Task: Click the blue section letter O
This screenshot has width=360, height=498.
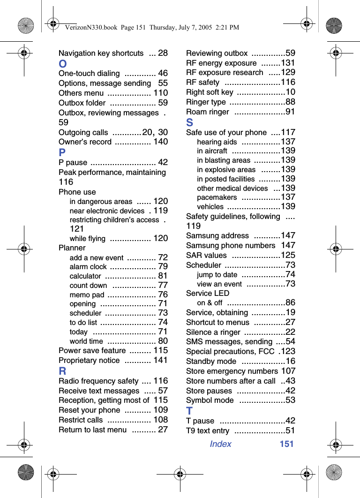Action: tap(63, 64)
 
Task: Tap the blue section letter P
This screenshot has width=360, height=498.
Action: tap(62, 153)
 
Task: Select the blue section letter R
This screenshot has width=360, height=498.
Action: tap(62, 371)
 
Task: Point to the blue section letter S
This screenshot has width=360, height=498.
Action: tap(190, 123)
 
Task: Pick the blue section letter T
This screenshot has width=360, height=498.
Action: tap(189, 411)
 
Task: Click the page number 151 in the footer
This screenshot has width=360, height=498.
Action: tap(286, 444)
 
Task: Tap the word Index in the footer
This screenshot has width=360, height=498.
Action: tap(220, 444)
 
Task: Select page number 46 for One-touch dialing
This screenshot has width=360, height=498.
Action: tap(163, 73)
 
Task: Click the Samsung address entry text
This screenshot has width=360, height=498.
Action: tap(217, 235)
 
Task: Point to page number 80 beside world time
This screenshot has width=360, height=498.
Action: tap(163, 341)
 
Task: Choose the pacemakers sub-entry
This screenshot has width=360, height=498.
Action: tap(217, 197)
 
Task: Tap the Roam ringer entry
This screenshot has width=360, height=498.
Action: tap(208, 112)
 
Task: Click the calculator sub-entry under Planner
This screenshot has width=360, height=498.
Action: tap(85, 276)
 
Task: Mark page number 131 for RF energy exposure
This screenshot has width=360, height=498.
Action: tap(288, 63)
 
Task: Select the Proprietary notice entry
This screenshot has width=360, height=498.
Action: tap(89, 360)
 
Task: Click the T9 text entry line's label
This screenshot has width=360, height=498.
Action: tap(208, 431)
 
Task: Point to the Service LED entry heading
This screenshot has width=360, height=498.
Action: tap(208, 293)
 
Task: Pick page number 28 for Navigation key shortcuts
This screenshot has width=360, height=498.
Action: tap(163, 53)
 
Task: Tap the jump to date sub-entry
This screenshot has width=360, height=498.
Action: tap(217, 275)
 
